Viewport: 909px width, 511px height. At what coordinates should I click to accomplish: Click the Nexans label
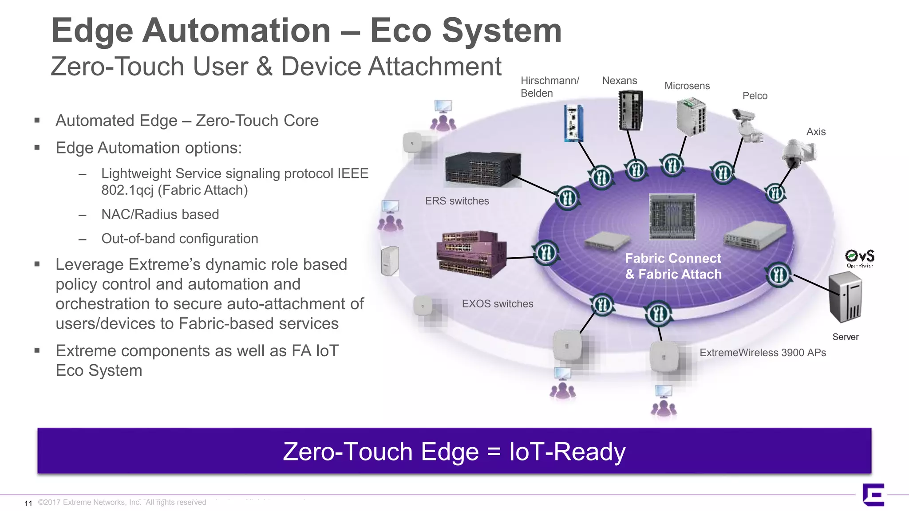point(619,81)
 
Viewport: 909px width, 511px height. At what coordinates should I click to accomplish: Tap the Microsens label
point(687,86)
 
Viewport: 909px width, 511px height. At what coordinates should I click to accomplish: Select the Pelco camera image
point(748,126)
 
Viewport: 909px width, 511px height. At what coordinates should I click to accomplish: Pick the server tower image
point(845,297)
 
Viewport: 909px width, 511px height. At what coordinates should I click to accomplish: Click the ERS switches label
point(457,201)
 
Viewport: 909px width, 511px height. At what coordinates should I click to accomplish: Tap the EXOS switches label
point(497,304)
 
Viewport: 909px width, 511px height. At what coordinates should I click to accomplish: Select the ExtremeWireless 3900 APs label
point(763,353)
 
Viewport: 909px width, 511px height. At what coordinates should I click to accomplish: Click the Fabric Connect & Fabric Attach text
point(673,266)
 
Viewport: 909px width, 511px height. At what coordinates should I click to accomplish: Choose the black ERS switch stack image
point(482,169)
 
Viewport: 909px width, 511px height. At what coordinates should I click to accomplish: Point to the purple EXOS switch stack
point(471,254)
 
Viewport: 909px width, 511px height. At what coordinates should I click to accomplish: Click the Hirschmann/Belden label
point(549,87)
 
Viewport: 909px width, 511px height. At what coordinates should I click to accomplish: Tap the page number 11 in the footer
point(28,503)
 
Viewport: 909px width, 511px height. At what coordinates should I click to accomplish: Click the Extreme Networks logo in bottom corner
point(873,495)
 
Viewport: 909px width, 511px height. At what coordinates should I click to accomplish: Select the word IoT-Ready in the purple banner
point(567,452)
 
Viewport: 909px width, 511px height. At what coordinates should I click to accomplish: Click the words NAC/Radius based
point(160,215)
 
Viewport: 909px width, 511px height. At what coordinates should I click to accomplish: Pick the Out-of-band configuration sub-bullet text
point(179,239)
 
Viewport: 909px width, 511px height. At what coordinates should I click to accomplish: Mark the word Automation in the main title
point(237,31)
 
